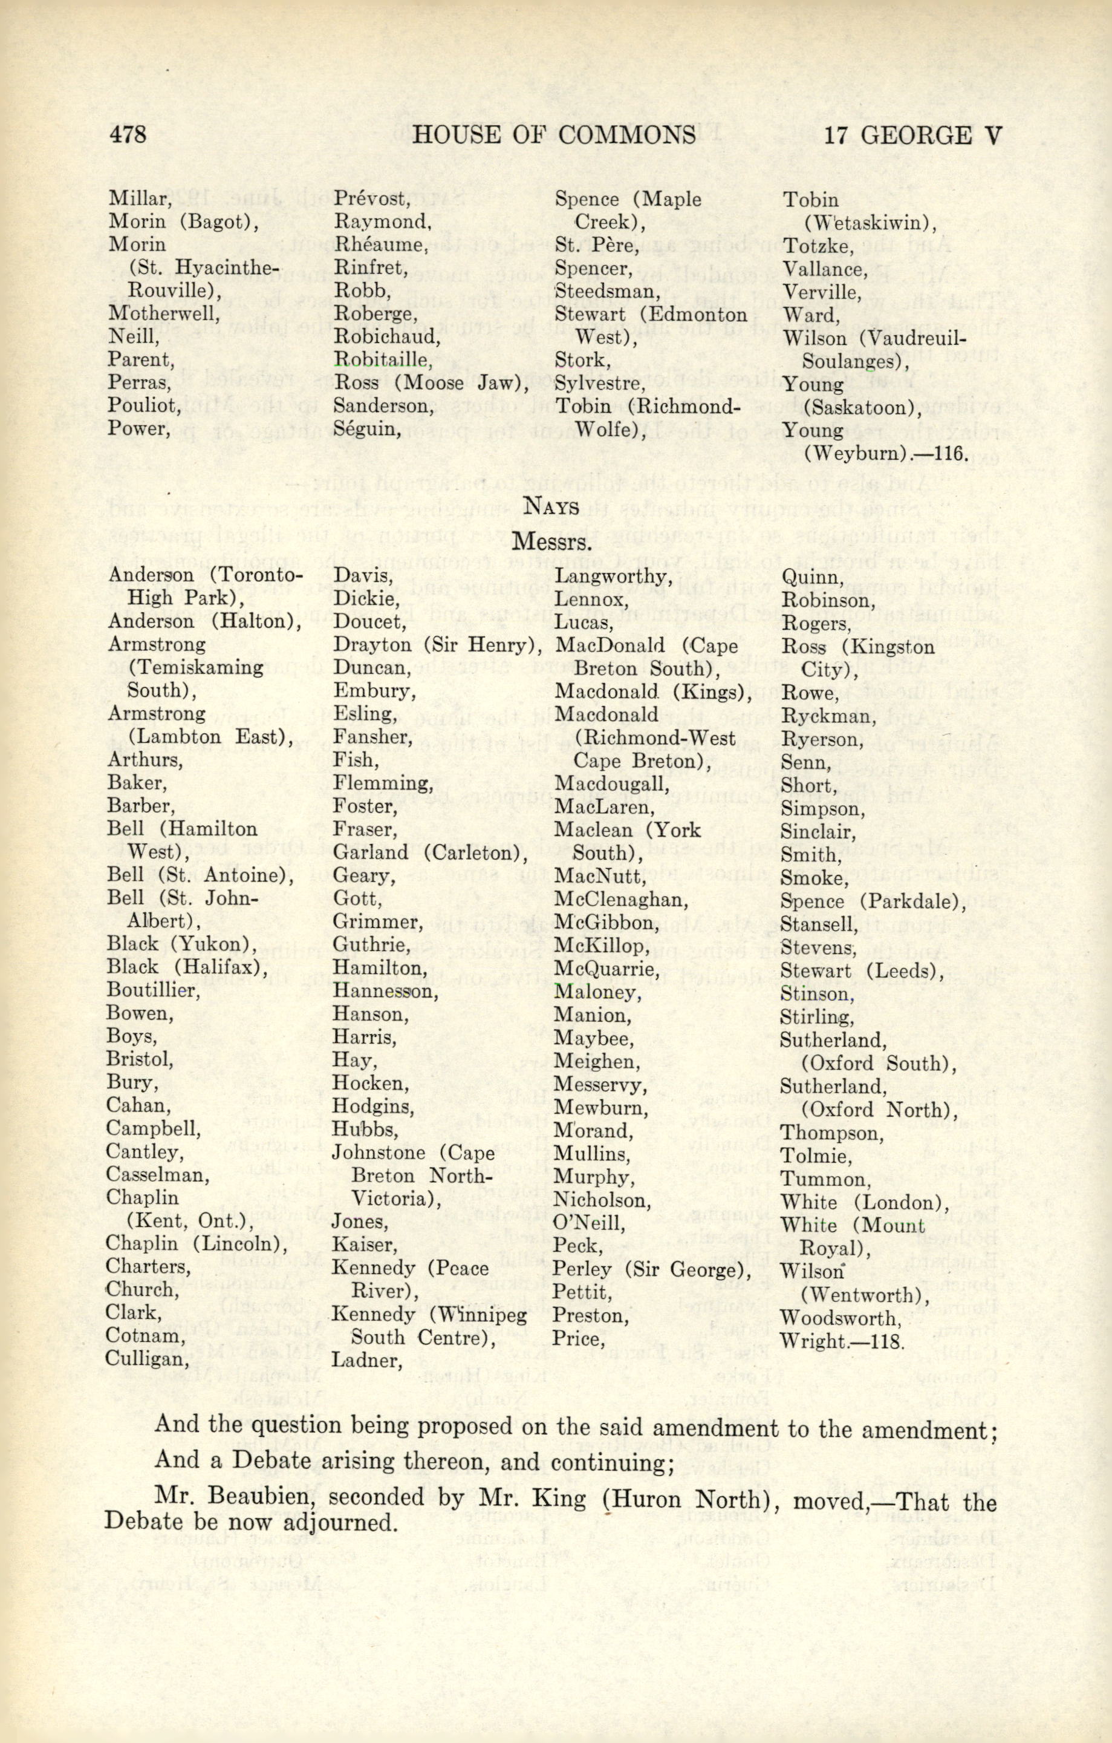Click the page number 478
click(x=128, y=136)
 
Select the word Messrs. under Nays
click(x=551, y=540)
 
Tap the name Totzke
click(x=818, y=246)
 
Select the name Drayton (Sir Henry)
click(x=438, y=645)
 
